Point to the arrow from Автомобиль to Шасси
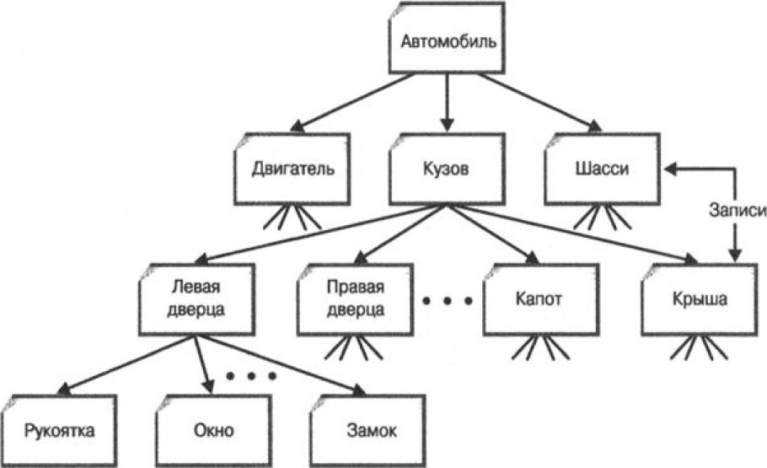point(539,103)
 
